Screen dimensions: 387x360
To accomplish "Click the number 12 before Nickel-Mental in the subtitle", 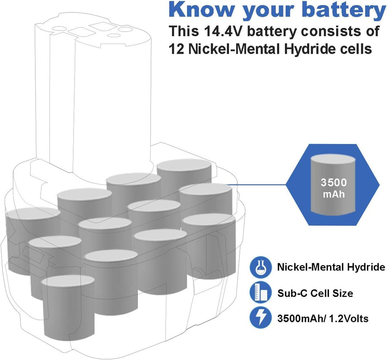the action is [x=176, y=49].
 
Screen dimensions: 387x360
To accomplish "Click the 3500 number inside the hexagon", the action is [x=334, y=182].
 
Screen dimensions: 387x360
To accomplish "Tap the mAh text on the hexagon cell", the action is [x=334, y=194].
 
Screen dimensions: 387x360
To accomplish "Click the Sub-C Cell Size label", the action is [x=315, y=293].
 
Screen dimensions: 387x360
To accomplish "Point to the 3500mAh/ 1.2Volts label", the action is [x=322, y=318].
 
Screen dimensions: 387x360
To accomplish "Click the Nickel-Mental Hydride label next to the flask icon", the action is [x=331, y=267].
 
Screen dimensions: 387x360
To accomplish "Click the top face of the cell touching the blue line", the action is [x=206, y=189].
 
